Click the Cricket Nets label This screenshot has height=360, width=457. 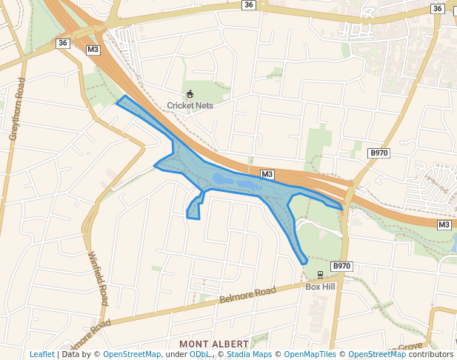point(190,105)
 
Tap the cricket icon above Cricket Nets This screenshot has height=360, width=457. point(190,94)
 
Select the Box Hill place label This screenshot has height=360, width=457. point(320,287)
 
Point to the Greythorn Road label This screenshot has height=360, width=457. point(17,109)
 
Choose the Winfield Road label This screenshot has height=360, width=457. point(97,279)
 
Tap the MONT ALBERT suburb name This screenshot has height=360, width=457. point(213,344)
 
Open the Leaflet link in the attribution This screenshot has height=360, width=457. point(41,354)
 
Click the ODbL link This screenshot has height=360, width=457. point(199,354)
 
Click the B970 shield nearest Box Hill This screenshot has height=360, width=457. point(341,266)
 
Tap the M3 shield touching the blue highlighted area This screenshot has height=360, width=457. point(267,175)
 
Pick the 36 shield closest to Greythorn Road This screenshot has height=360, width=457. point(62,43)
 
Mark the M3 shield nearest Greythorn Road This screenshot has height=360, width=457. point(93,50)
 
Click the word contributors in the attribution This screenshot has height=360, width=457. point(431,354)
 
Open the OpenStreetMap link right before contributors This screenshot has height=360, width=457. point(377,354)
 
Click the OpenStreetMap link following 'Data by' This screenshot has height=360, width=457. point(132,354)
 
